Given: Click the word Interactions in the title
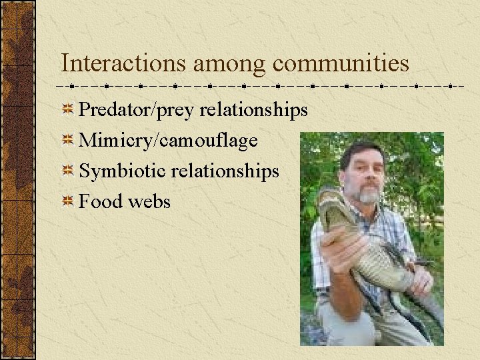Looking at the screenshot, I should click(123, 63).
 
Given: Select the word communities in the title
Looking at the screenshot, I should click(341, 63).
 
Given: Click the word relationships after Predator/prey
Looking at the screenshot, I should click(254, 109).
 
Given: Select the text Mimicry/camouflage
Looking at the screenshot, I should click(168, 141).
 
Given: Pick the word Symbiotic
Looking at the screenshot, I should click(123, 171).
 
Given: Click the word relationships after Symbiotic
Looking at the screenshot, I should click(225, 171).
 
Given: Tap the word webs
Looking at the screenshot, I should click(150, 202).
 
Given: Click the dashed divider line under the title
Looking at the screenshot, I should click(260, 87).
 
